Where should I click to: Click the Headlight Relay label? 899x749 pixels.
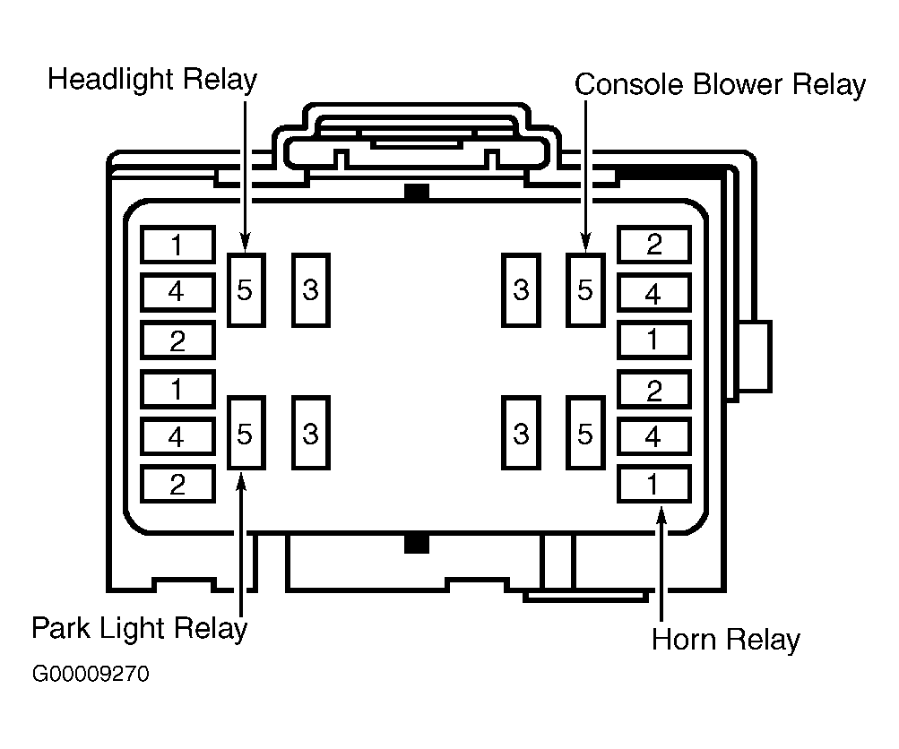coord(152,80)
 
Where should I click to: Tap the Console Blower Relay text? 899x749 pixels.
coord(720,85)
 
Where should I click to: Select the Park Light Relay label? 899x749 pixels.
coord(139,629)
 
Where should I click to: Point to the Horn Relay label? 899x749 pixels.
coord(726,640)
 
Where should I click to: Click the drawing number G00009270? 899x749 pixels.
coord(91,674)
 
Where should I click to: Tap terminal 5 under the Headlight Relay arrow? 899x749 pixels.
coord(246,290)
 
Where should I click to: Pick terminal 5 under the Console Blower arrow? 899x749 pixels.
coord(585,290)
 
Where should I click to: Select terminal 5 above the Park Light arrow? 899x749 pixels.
coord(246,433)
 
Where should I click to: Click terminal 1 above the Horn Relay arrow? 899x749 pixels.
coord(654,484)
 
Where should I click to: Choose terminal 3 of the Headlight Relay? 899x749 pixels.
coord(311,290)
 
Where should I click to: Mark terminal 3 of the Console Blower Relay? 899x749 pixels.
coord(521,290)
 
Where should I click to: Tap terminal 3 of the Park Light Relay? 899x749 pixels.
coord(311,433)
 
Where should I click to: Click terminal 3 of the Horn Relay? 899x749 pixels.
coord(521,433)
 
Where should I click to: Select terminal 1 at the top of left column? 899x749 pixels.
coord(177,245)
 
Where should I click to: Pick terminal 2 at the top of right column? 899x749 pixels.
coord(654,245)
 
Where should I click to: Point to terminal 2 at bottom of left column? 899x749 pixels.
coord(177,484)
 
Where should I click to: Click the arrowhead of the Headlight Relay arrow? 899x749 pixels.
coord(246,243)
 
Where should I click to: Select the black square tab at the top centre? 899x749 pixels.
coord(417,192)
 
